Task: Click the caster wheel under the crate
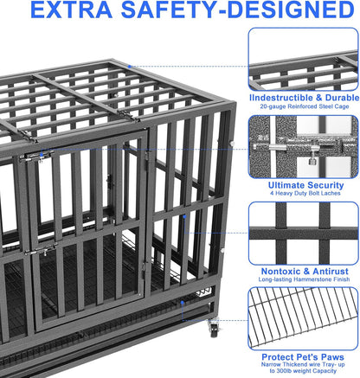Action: (x=214, y=328)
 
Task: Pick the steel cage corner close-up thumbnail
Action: (x=304, y=58)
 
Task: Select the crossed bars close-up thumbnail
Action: (x=304, y=233)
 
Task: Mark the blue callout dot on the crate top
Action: (x=130, y=65)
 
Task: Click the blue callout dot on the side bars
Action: (x=183, y=215)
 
